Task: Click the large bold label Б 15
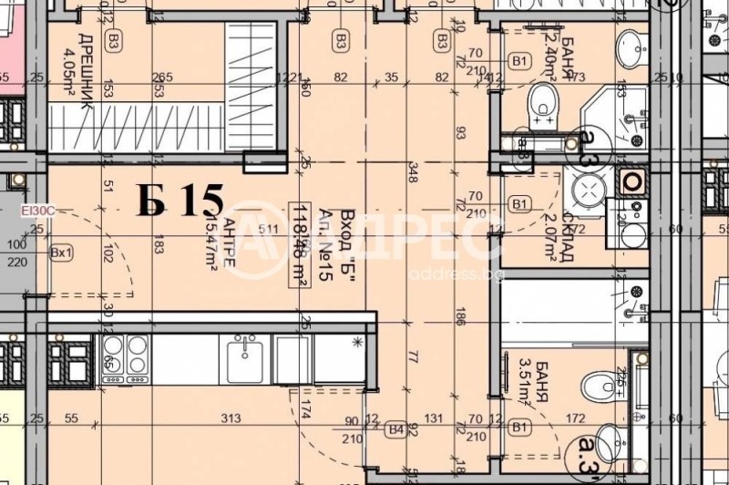[180, 201]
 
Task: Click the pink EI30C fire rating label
[40, 211]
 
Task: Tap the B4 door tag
[395, 426]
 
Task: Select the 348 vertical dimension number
[412, 174]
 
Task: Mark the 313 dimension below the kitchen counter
[231, 418]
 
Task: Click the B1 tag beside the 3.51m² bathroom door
[519, 426]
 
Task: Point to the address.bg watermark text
[447, 273]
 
